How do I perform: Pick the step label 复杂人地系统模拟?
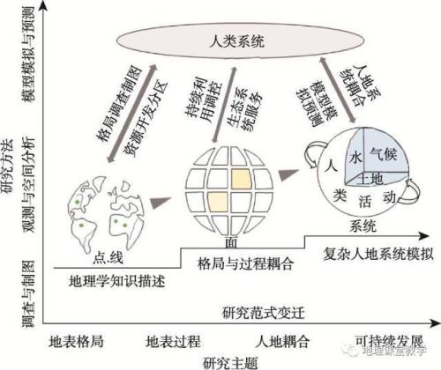point(357,249)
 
